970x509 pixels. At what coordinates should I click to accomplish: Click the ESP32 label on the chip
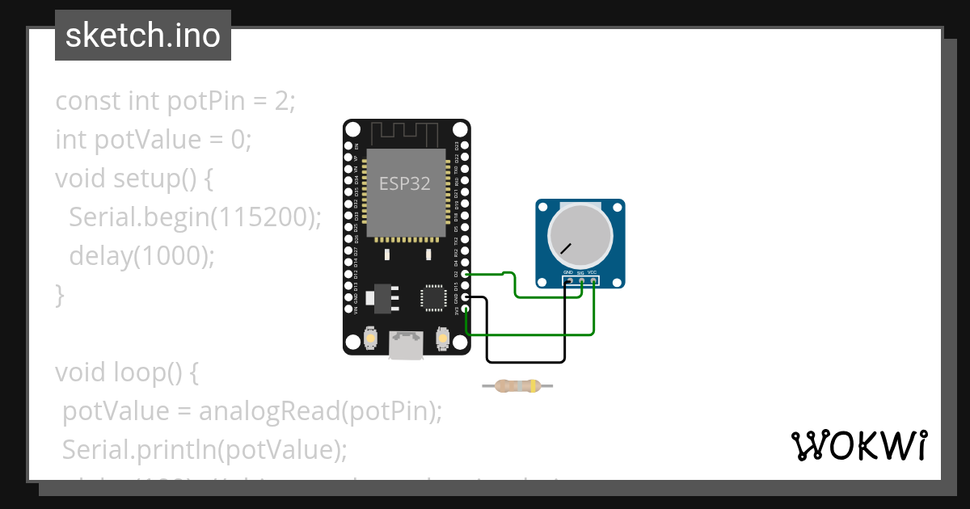coord(405,183)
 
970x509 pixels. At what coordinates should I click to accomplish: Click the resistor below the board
coord(517,386)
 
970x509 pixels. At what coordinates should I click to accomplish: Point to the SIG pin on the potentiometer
coord(581,280)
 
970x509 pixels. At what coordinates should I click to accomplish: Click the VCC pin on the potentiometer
coord(593,280)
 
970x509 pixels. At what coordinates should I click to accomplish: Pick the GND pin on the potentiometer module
coord(569,280)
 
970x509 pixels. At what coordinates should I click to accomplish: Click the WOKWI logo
coord(859,445)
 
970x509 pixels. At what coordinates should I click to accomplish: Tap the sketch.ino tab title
coord(143,36)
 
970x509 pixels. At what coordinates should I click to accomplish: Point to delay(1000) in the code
coord(142,256)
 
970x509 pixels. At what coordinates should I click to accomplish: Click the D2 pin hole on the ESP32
coord(464,274)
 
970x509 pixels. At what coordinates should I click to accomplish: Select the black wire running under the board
coord(525,360)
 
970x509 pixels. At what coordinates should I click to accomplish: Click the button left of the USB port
coord(371,339)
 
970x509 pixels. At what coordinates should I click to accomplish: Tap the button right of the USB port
coord(442,339)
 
